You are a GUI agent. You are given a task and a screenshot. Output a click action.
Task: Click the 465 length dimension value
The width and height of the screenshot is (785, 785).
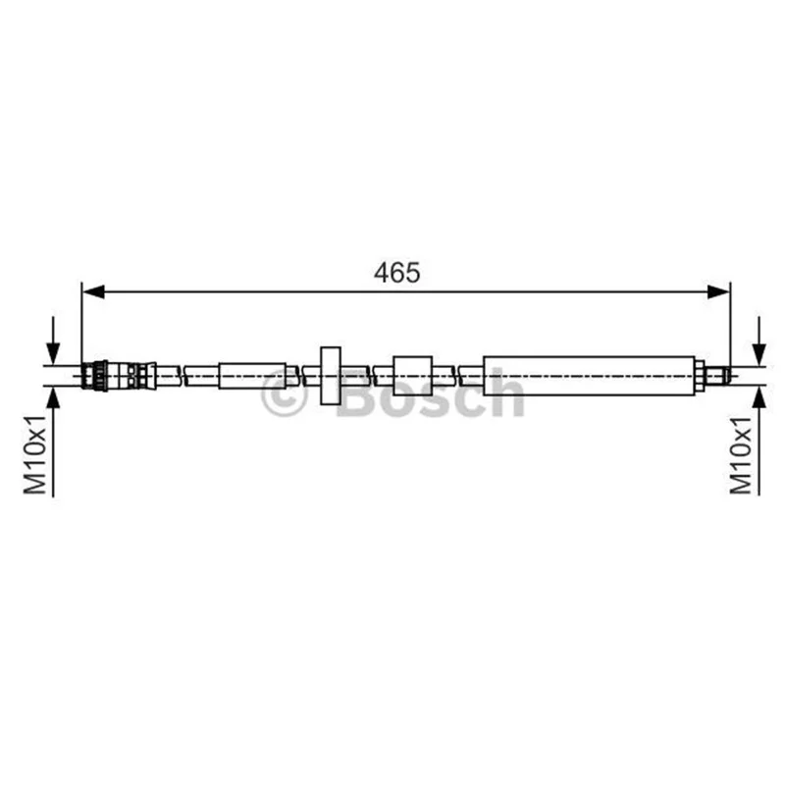click(397, 273)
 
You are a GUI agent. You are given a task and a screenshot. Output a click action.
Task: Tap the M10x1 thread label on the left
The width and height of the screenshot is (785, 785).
click(35, 454)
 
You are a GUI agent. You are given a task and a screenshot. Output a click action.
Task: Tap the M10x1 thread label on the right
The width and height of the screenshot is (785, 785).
click(741, 455)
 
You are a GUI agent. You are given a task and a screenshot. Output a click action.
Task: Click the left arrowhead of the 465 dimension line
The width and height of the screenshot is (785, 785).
click(93, 291)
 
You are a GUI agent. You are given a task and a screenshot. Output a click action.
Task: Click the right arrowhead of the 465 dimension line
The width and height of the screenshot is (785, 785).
click(718, 291)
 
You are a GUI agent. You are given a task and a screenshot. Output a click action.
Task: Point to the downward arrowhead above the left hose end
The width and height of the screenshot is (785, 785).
click(53, 353)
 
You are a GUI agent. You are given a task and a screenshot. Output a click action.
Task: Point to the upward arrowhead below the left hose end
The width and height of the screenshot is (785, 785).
click(53, 398)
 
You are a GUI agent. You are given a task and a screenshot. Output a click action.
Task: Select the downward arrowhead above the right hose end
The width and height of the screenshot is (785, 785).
click(759, 353)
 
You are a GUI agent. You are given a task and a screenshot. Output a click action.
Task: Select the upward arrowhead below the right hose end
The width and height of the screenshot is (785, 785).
click(759, 398)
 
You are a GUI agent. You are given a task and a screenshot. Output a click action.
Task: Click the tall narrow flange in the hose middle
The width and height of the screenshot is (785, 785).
click(331, 376)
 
